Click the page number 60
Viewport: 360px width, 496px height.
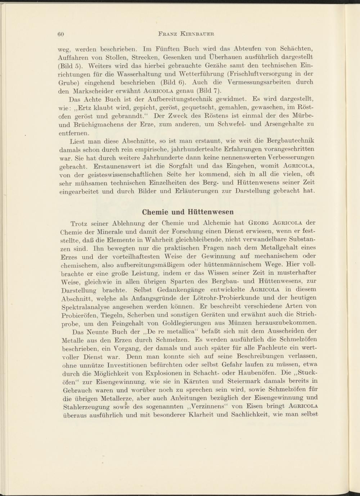tap(60, 34)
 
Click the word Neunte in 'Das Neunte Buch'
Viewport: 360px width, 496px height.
tap(97, 331)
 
